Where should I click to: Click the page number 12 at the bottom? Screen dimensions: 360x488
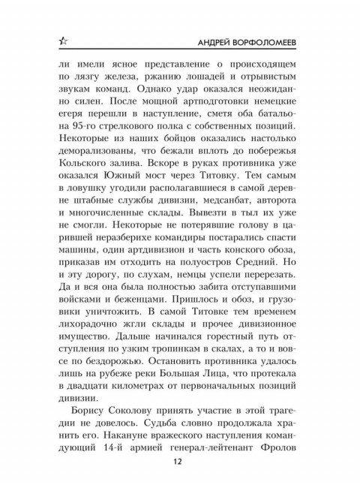[x=179, y=462]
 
